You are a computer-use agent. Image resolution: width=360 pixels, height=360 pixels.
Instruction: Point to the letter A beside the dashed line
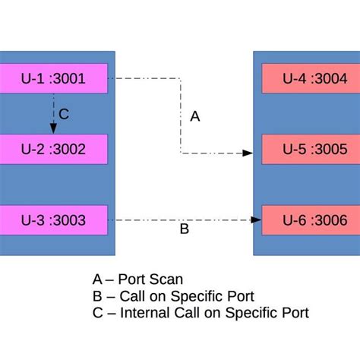pyautogui.click(x=195, y=116)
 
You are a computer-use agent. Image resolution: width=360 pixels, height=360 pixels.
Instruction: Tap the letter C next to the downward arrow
pyautogui.click(x=64, y=114)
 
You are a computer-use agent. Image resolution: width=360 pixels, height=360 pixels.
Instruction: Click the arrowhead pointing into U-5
pyautogui.click(x=248, y=153)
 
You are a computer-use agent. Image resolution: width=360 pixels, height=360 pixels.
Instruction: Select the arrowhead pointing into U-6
pyautogui.click(x=256, y=220)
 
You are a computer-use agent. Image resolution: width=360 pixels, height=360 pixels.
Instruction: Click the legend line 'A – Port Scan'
pyautogui.click(x=137, y=279)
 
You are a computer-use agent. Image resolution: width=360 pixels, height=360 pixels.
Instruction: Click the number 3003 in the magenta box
pyautogui.click(x=70, y=220)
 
